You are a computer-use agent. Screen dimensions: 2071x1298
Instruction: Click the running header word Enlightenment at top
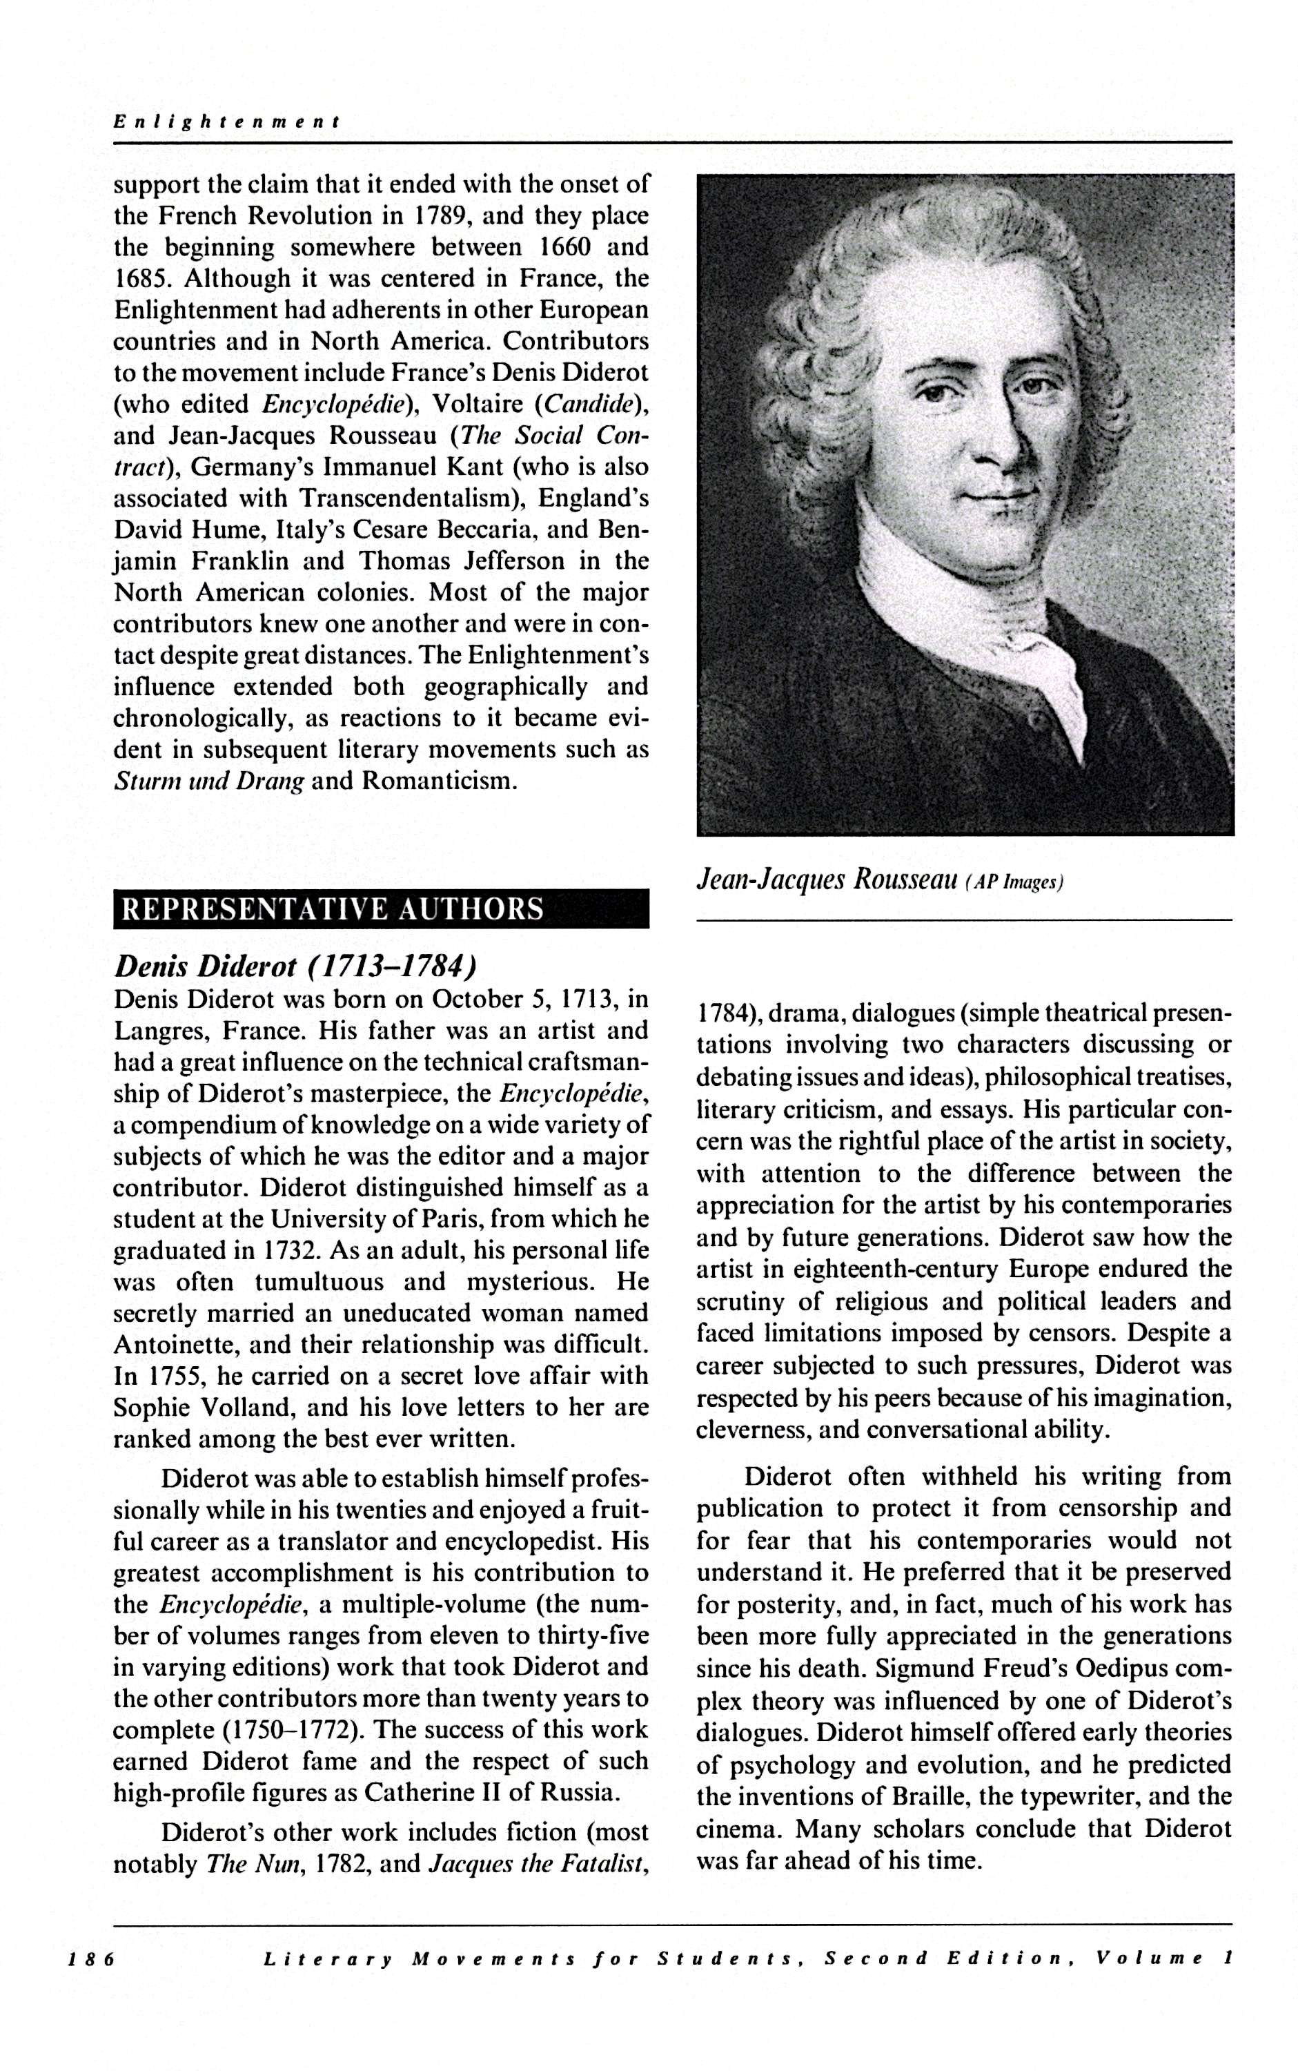click(228, 122)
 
